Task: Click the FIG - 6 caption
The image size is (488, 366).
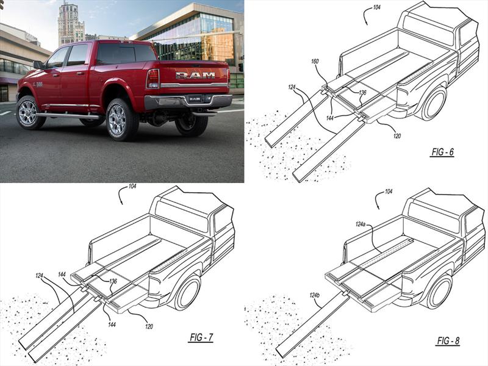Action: [442, 152]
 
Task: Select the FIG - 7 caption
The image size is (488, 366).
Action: [201, 337]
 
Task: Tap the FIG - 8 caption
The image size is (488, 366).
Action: [448, 341]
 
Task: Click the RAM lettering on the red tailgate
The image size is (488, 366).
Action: [195, 75]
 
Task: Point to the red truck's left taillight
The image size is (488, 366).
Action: [153, 79]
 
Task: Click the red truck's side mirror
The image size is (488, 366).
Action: [38, 65]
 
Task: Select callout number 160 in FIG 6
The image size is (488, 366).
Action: [315, 62]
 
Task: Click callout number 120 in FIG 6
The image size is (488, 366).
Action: [397, 135]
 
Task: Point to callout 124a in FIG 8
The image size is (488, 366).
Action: [361, 224]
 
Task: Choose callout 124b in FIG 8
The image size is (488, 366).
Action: [314, 295]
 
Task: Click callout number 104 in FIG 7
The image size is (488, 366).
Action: [132, 186]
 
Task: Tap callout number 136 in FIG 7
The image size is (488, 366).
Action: [113, 281]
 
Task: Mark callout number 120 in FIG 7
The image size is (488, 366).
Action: [149, 326]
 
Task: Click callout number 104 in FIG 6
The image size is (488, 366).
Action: [376, 7]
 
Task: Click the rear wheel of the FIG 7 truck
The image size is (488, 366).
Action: [187, 293]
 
